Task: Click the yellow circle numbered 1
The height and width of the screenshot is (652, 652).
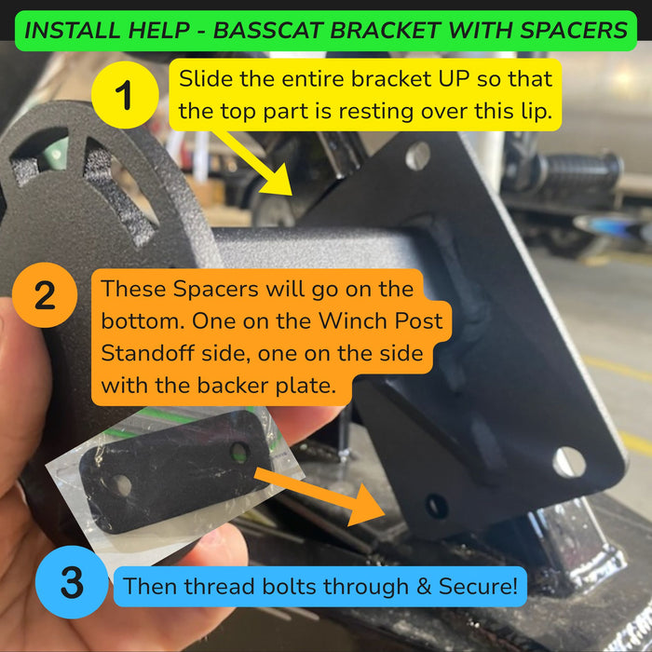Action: [125, 95]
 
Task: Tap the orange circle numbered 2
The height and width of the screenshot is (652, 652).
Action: [45, 295]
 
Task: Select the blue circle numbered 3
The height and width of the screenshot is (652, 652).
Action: [72, 582]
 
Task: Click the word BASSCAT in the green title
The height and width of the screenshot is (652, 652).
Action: [268, 31]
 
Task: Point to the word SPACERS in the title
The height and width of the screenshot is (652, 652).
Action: [574, 31]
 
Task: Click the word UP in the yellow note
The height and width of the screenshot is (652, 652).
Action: [455, 78]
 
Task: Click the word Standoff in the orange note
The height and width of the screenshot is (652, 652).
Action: [147, 353]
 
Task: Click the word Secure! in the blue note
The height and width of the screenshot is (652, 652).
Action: [478, 586]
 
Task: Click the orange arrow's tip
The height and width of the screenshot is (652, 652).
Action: [385, 516]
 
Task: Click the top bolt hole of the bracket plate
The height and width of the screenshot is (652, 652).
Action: [417, 156]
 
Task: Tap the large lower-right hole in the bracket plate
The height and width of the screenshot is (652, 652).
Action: [569, 462]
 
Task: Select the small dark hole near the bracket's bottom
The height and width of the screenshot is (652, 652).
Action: [437, 506]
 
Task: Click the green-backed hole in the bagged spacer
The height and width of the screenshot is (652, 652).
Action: [239, 453]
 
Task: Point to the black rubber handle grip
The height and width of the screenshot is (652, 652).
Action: [577, 172]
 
